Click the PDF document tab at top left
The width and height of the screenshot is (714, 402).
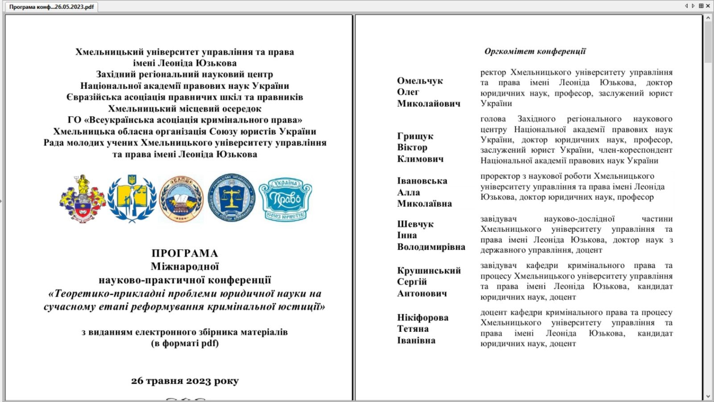point(52,7)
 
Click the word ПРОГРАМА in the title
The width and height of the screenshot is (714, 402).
point(185,253)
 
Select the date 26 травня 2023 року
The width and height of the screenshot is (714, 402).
point(185,381)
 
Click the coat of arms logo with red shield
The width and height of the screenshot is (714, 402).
point(83,199)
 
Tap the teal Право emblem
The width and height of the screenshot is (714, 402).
point(286,199)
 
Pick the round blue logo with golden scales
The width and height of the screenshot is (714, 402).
point(232,198)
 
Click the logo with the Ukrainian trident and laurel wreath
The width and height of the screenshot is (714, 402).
point(132,199)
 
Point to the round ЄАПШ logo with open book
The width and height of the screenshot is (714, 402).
point(181,199)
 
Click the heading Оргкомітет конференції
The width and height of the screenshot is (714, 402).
point(535,51)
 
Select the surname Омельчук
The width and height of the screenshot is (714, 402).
point(420,81)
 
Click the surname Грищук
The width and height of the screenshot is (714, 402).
point(415,136)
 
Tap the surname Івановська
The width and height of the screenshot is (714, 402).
point(422,181)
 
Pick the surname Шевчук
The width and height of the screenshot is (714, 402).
point(415,224)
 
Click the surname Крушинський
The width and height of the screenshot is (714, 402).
point(429,271)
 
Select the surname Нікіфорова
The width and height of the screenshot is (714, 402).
point(423,318)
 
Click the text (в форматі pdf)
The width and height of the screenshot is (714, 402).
point(185,343)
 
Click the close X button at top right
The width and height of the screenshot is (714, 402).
point(708,6)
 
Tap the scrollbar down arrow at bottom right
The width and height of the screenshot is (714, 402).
point(708,396)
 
